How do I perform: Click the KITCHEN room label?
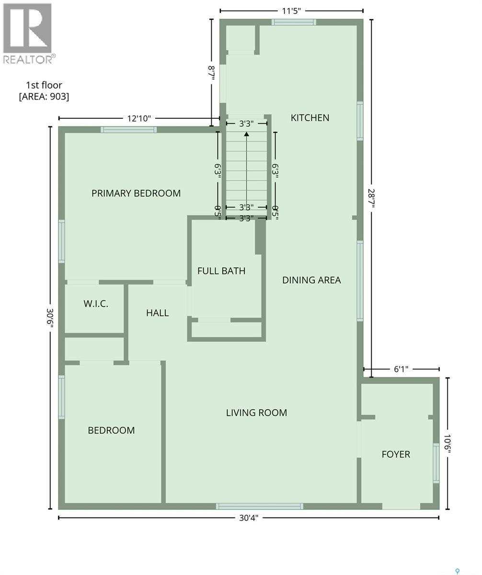tap(310, 117)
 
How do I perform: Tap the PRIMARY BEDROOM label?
tap(136, 193)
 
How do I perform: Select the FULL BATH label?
tap(221, 271)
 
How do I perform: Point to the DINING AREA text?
tap(311, 280)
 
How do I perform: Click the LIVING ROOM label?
tap(256, 413)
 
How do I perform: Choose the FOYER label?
tap(396, 454)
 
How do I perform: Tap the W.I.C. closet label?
tap(96, 303)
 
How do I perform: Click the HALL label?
tap(157, 313)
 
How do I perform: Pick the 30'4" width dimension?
tap(248, 517)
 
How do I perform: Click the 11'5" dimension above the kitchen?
tap(291, 11)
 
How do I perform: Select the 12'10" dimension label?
tap(138, 118)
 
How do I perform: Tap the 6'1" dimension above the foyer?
tap(401, 369)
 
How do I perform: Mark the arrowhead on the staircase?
tap(246, 134)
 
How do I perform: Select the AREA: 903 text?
tap(44, 96)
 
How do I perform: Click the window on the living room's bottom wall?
tap(259, 506)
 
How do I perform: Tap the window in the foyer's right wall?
tap(436, 463)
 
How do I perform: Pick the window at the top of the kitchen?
tap(294, 22)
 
